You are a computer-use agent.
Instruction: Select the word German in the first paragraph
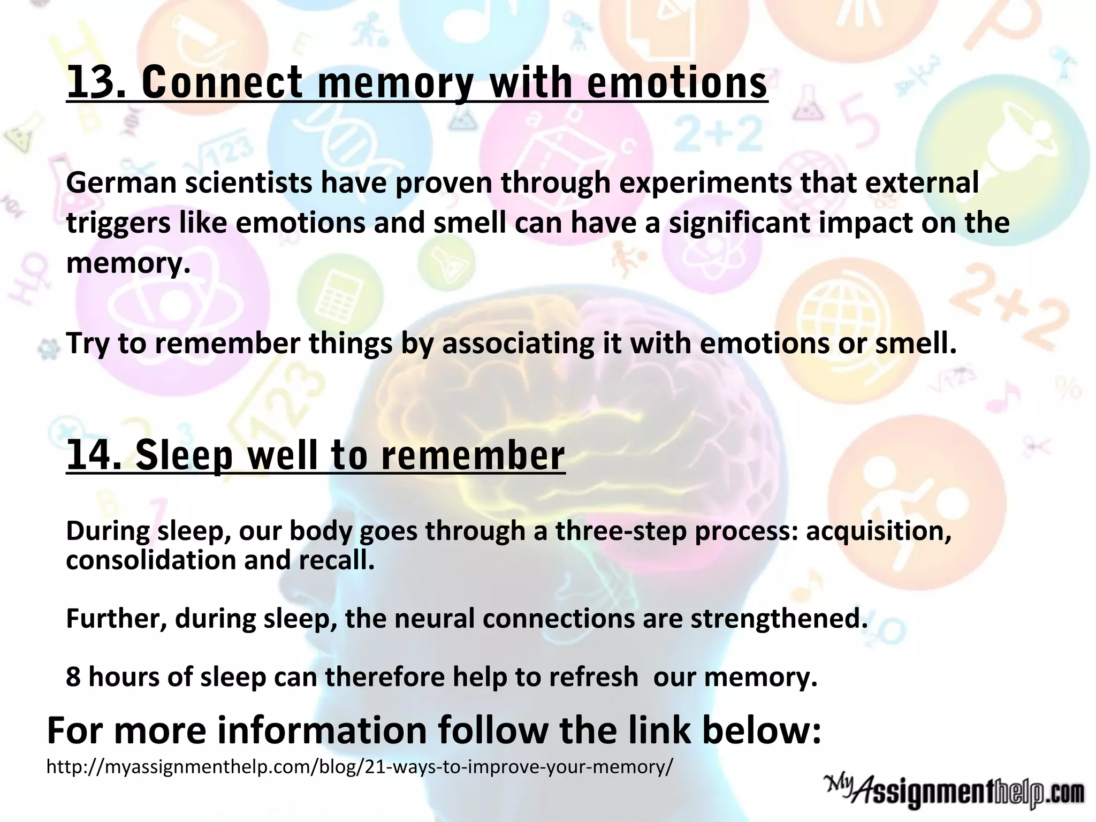tap(121, 183)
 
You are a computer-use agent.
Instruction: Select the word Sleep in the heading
tap(184, 455)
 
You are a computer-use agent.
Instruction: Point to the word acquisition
tap(878, 531)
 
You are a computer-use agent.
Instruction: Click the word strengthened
tap(779, 619)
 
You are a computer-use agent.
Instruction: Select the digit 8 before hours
tap(73, 677)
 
